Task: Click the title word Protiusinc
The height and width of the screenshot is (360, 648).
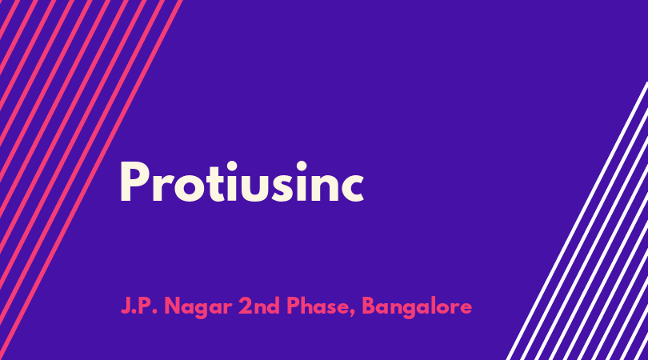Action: [x=242, y=182]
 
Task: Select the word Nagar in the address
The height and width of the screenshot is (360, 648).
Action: [x=198, y=307]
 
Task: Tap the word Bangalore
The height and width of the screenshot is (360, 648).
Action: [x=417, y=307]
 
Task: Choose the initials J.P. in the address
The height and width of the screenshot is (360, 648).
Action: [x=139, y=306]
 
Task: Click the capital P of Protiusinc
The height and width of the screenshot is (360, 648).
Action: [x=134, y=182]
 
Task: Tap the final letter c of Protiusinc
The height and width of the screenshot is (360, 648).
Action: [x=351, y=188]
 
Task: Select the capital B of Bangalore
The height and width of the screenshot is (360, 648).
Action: [x=369, y=306]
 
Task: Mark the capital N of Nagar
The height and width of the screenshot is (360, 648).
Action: [x=173, y=306]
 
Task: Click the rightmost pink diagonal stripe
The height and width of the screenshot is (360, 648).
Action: [x=90, y=180]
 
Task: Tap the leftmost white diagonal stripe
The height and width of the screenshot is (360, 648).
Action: [x=578, y=221]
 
